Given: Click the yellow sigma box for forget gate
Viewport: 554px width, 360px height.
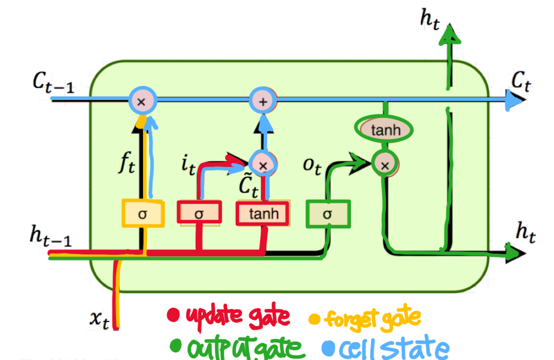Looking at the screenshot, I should coord(143,214).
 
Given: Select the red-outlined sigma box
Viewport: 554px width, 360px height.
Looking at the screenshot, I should coord(199,213).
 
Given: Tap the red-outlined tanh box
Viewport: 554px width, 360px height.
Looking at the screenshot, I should coord(262,213).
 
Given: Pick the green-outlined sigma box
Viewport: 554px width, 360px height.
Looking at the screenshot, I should coord(328,214).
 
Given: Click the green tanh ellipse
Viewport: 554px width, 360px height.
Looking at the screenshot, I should coord(385,130).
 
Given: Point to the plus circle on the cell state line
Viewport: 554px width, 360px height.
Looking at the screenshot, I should coord(263,101).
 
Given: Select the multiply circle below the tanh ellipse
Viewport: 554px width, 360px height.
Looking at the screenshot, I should coord(384,163).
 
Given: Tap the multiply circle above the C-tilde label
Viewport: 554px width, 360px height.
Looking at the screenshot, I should coord(263,163).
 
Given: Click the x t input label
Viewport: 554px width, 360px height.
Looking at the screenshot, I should coord(99,317).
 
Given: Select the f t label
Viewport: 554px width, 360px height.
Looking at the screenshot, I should coord(126,163).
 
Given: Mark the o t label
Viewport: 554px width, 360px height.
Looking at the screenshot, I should coord(311,166).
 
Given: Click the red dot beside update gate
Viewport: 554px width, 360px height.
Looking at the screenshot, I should coord(174,315).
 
